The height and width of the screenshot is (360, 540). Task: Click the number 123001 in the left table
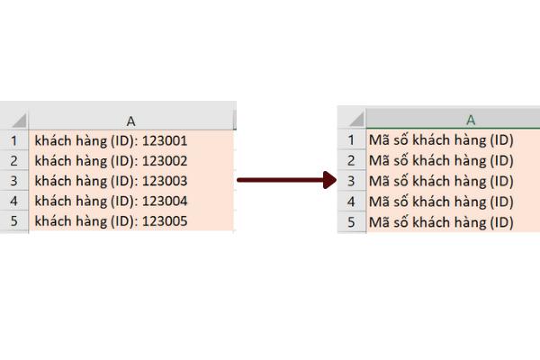(165, 140)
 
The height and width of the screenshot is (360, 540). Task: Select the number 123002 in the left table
(165, 161)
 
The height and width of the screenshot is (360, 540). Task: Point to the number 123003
(165, 181)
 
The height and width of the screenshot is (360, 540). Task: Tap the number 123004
(165, 201)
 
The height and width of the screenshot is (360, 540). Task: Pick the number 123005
(165, 221)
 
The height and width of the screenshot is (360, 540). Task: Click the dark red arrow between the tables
(286, 180)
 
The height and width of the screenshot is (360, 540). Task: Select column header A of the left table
(130, 121)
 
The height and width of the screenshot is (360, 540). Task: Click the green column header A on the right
(471, 120)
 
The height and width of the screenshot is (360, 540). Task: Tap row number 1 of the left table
(13, 140)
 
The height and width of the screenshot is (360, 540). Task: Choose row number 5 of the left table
(13, 221)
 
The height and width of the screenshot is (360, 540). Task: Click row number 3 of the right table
(351, 181)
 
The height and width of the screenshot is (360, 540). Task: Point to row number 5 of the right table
(351, 222)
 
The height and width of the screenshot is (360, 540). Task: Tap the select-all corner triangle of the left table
(19, 121)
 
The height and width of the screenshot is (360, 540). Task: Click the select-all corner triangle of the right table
(356, 120)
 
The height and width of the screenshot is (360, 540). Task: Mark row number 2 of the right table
(351, 160)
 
